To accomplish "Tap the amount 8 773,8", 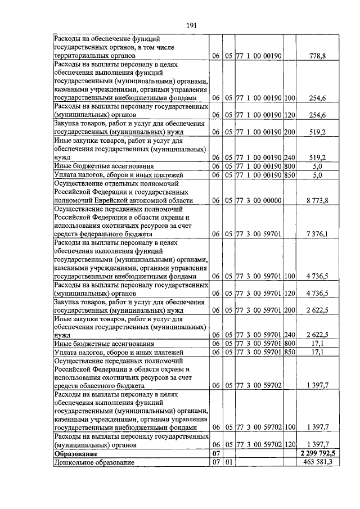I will click(x=317, y=200).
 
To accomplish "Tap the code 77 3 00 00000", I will click(x=258, y=200).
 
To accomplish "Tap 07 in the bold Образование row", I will click(x=214, y=453).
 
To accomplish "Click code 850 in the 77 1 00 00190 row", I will click(x=290, y=175).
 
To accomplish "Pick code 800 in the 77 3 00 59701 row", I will click(x=290, y=343).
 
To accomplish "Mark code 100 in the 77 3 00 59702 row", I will click(x=290, y=427).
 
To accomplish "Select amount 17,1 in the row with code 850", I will click(x=318, y=352).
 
